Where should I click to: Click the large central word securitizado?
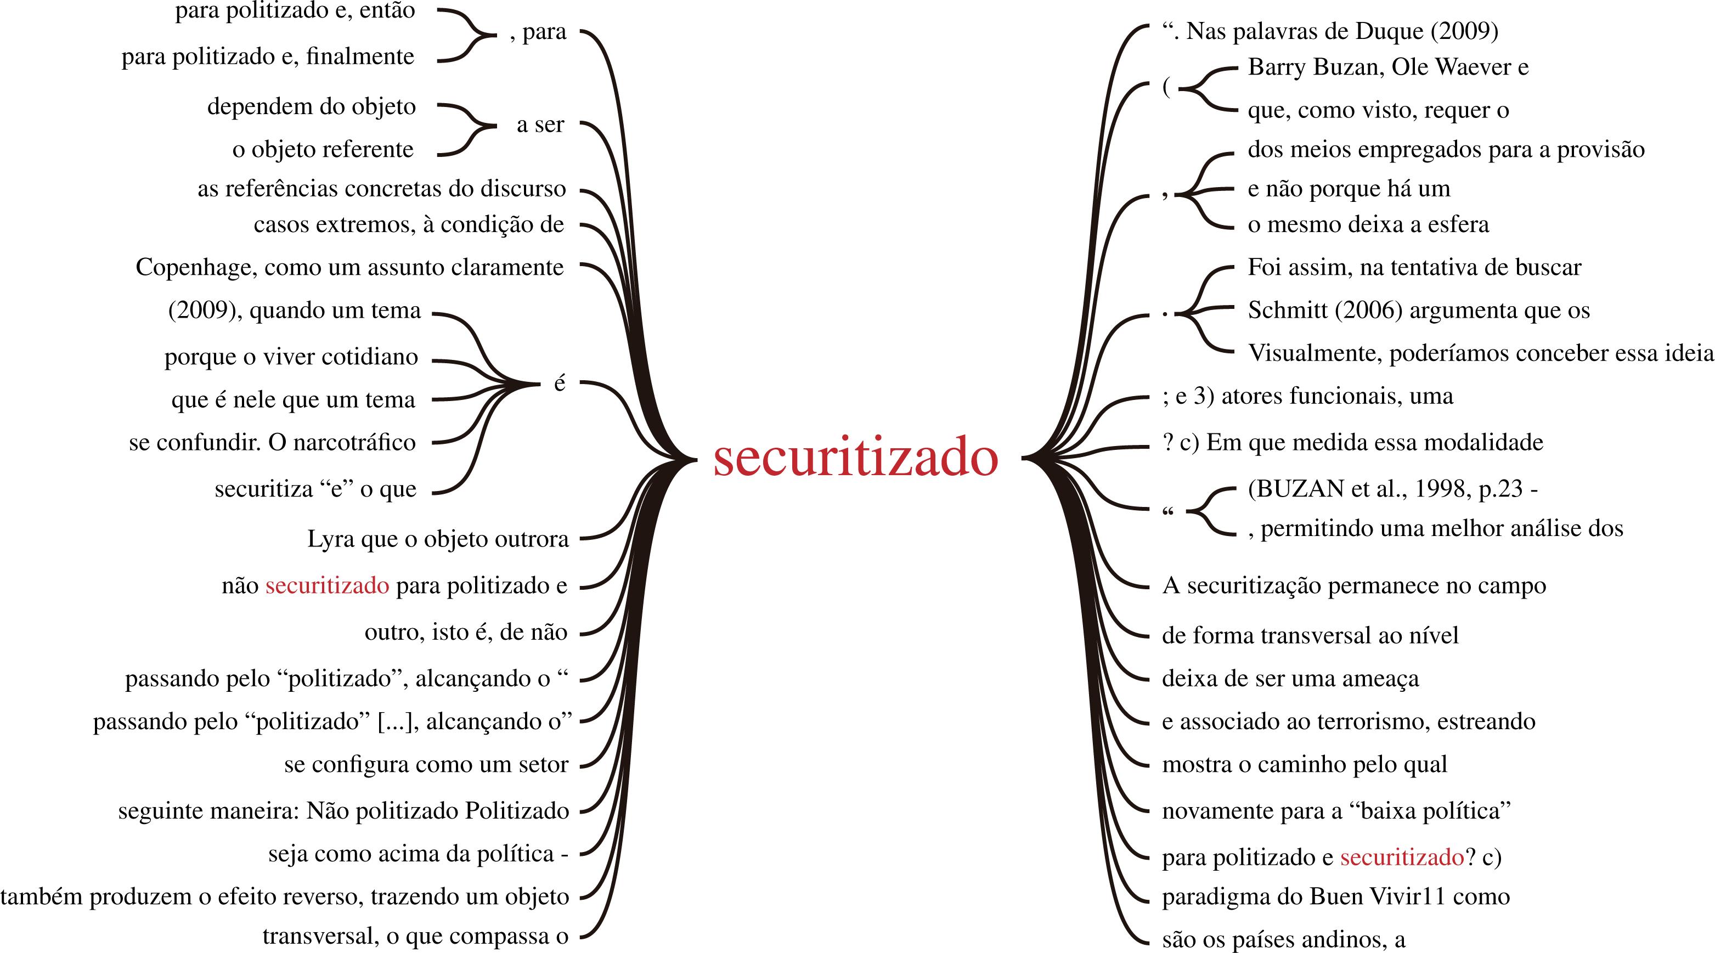tap(855, 458)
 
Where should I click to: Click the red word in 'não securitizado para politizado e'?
tap(327, 585)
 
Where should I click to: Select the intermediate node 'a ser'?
tap(540, 125)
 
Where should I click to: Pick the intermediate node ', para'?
tap(538, 32)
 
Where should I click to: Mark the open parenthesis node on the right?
tap(1166, 87)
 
